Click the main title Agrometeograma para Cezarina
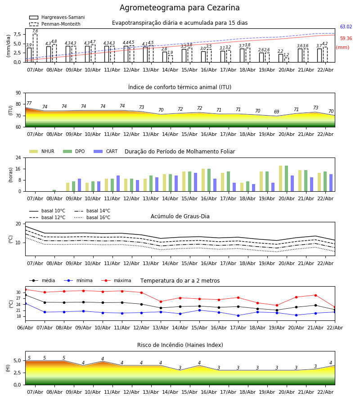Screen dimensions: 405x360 [180, 8]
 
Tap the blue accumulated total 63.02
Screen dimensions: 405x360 [346, 27]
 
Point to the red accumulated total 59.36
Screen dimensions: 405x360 [346, 39]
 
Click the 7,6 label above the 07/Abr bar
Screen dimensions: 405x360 [35, 31]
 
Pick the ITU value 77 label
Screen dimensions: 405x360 [29, 103]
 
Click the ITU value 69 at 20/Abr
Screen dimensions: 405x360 [277, 112]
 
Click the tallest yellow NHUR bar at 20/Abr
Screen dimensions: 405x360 [280, 178]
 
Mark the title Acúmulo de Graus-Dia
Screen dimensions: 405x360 [180, 216]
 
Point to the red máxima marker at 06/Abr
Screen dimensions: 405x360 [25, 289]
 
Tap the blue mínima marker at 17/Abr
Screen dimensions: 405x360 [238, 315]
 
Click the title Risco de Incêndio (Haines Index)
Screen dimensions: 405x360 [180, 345]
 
